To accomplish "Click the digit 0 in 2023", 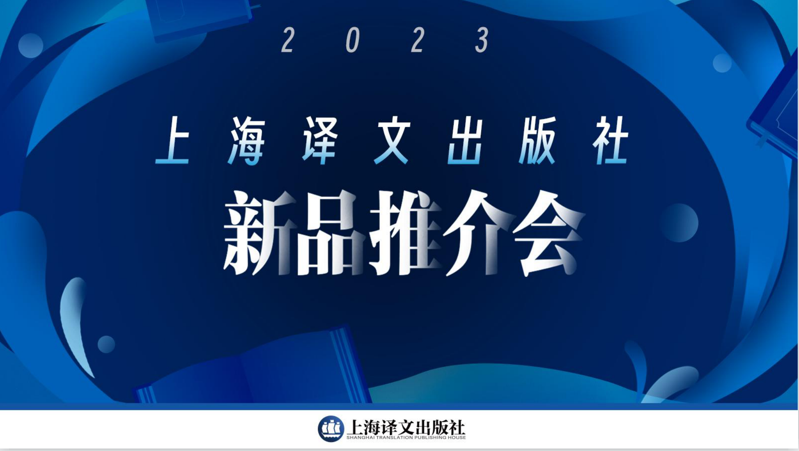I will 353,40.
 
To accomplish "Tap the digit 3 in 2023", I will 482,40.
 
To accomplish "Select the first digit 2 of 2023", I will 288,40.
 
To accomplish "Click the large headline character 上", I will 173,140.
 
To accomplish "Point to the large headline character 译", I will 320,140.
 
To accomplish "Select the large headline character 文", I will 392,140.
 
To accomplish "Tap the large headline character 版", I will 538,140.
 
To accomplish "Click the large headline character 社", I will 610,140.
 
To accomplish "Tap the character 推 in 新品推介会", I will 404,233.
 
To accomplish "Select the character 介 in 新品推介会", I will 478,233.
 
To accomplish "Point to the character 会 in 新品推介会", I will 548,233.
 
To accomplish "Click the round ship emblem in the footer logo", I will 331,429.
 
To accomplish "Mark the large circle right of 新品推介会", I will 679,223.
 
